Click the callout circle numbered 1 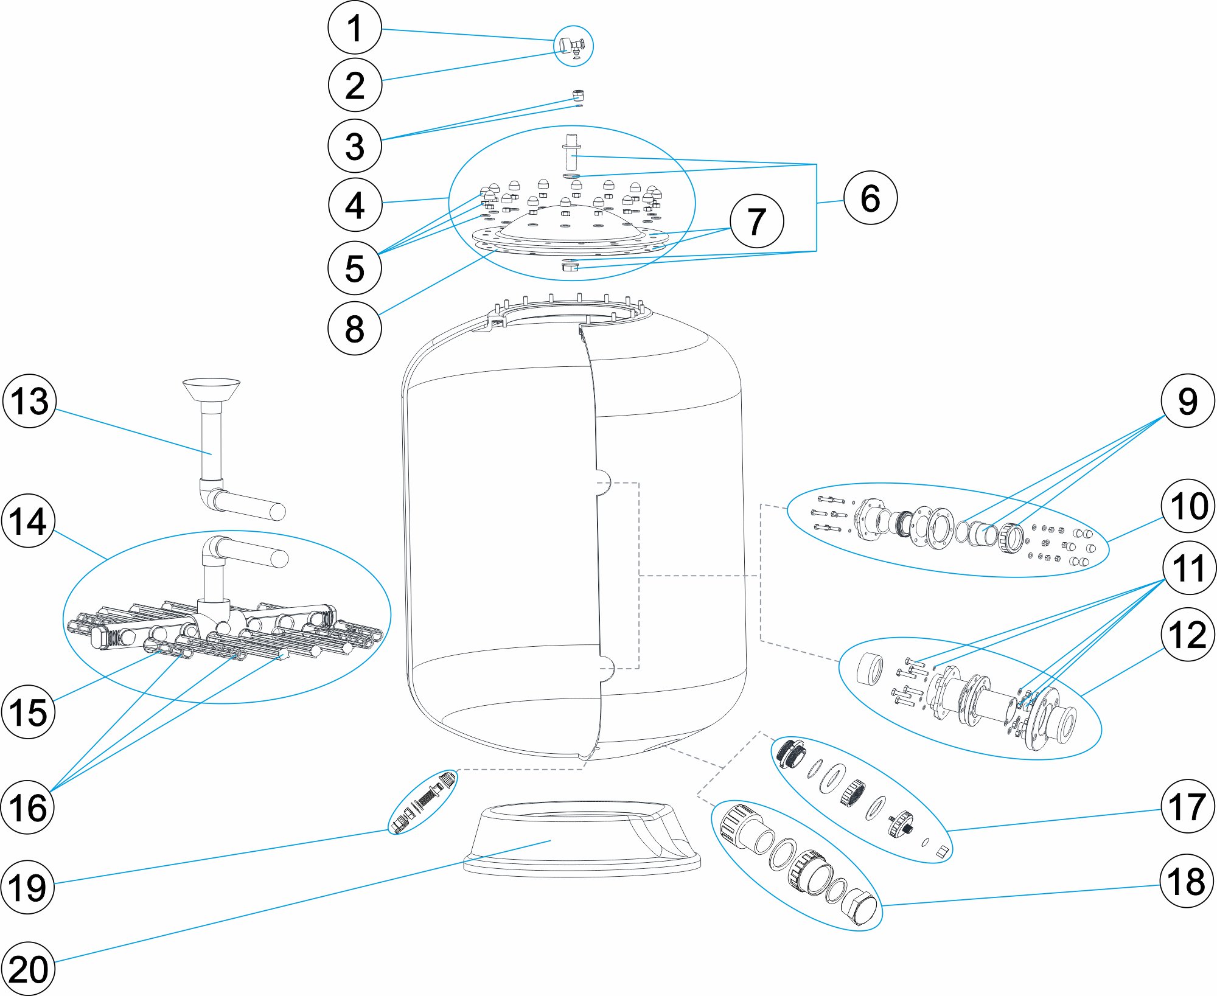[x=354, y=28]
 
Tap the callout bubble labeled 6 [x=870, y=198]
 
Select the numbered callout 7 [x=756, y=221]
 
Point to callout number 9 [x=1187, y=401]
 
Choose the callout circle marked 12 [x=1187, y=635]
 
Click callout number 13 [x=29, y=402]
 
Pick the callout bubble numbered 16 [x=28, y=807]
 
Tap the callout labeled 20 [x=28, y=969]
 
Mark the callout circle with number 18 [x=1187, y=881]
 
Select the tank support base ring [x=581, y=840]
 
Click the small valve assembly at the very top [x=572, y=45]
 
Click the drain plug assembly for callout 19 [x=423, y=802]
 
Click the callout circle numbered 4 [x=355, y=205]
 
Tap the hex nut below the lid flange [x=570, y=266]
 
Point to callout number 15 [x=28, y=712]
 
